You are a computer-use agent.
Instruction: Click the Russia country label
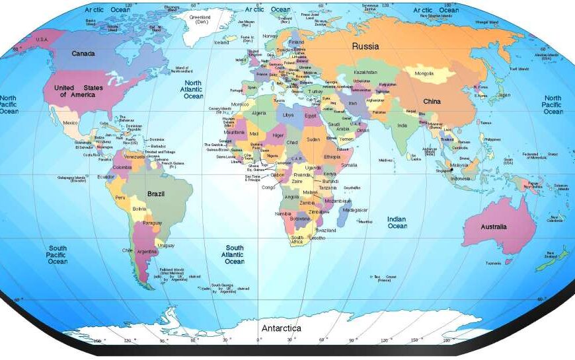pyautogui.click(x=365, y=46)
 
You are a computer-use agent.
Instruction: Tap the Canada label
pyautogui.click(x=83, y=54)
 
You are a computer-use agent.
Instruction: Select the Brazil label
pyautogui.click(x=156, y=194)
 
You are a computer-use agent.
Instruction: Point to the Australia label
pyautogui.click(x=493, y=227)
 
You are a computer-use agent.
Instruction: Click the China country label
pyautogui.click(x=432, y=102)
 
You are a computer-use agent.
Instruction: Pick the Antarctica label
pyautogui.click(x=281, y=328)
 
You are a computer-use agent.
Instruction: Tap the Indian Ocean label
pyautogui.click(x=397, y=223)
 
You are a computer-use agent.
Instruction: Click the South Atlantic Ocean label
pyautogui.click(x=234, y=254)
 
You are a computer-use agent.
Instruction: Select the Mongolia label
pyautogui.click(x=424, y=73)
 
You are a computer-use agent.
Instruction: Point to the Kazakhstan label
pyautogui.click(x=365, y=72)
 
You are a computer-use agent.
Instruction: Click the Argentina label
pyautogui.click(x=147, y=252)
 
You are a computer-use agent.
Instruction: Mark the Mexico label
pyautogui.click(x=70, y=123)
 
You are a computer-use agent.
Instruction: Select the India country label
pyautogui.click(x=402, y=126)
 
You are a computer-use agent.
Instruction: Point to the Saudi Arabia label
pyautogui.click(x=334, y=126)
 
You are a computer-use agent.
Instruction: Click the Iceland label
pyautogui.click(x=221, y=42)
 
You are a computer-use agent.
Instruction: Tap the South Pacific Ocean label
pyautogui.click(x=57, y=254)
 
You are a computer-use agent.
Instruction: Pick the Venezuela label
pyautogui.click(x=134, y=157)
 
